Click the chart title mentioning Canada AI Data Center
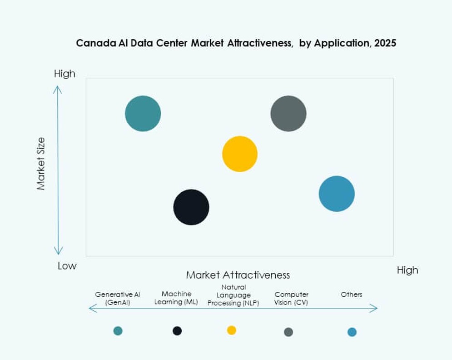pyautogui.click(x=236, y=43)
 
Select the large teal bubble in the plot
pyautogui.click(x=143, y=114)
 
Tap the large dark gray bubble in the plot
pyautogui.click(x=288, y=114)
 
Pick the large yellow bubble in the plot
pyautogui.click(x=240, y=154)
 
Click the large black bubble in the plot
pyautogui.click(x=191, y=207)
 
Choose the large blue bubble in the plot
pyautogui.click(x=337, y=194)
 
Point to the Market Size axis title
pyautogui.click(x=41, y=164)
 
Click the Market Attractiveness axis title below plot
pyautogui.click(x=238, y=275)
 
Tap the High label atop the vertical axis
pyautogui.click(x=65, y=74)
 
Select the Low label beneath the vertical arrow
pyautogui.click(x=67, y=266)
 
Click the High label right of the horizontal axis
pyautogui.click(x=407, y=270)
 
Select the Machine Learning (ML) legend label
pyautogui.click(x=176, y=298)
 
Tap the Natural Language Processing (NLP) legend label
pyautogui.click(x=233, y=295)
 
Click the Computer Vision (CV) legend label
pyautogui.click(x=292, y=298)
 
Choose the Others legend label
pyautogui.click(x=352, y=295)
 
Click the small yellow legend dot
pyautogui.click(x=232, y=330)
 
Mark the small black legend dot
pyautogui.click(x=177, y=331)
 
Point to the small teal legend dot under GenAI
pyautogui.click(x=118, y=331)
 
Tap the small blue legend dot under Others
pyautogui.click(x=352, y=332)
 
